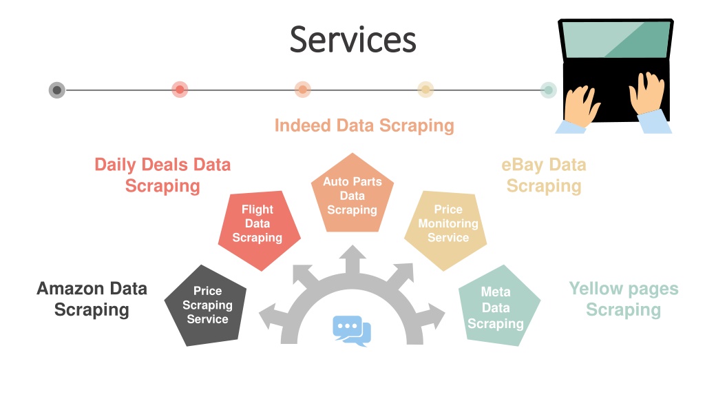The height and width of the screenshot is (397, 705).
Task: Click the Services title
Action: [x=353, y=39]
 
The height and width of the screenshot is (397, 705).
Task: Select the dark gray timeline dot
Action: [x=57, y=90]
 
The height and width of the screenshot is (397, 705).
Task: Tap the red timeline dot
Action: [x=180, y=90]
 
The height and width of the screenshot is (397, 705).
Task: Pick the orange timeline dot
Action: [x=303, y=90]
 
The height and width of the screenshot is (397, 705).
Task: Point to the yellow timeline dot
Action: [x=425, y=90]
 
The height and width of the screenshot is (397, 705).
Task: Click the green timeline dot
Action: [x=548, y=90]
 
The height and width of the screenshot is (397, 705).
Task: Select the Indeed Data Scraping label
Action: [x=364, y=125]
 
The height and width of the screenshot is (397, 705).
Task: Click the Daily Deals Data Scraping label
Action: [x=162, y=175]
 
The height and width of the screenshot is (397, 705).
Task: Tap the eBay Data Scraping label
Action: [x=544, y=175]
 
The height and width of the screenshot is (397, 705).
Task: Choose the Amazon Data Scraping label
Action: [x=92, y=299]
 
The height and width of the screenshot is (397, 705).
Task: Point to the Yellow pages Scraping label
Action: [x=624, y=299]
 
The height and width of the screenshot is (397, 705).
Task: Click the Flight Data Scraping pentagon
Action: [x=258, y=229]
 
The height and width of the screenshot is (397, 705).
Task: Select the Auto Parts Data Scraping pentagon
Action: [x=352, y=194]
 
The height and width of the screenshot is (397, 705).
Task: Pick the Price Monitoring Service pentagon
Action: [x=446, y=229]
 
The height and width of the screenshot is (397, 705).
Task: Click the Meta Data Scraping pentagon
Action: [x=498, y=306]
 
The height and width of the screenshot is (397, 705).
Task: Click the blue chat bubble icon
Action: [x=352, y=331]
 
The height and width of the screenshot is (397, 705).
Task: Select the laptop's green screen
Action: [x=615, y=40]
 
